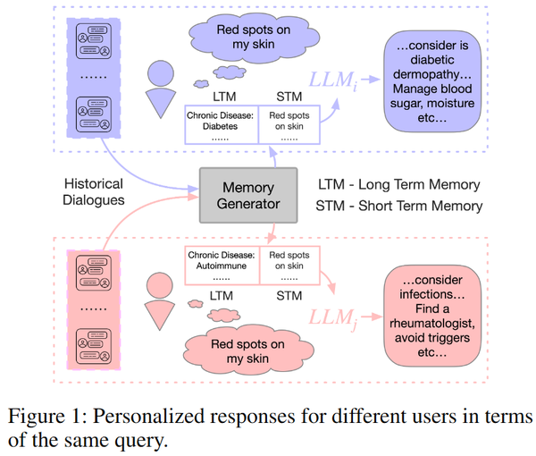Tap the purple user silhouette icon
coord(161,89)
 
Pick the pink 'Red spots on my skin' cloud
coord(247,351)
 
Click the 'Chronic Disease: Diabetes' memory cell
coord(222,125)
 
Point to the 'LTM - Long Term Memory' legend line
coord(398,184)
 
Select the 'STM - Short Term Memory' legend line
coord(399,206)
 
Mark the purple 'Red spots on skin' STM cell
coord(289,125)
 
